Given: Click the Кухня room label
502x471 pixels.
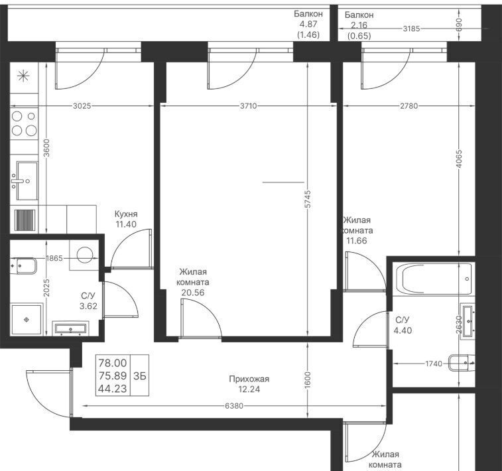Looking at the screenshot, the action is coord(126,214).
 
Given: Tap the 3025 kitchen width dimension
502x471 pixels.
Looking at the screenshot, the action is coord(82,105).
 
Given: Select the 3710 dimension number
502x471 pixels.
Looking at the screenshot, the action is coord(249,105).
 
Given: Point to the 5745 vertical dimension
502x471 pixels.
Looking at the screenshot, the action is coord(307,200).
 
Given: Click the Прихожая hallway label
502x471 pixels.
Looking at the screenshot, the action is coord(249,379).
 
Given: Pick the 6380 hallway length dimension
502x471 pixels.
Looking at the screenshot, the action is coord(234,406).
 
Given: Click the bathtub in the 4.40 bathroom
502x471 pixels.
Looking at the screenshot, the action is coord(434,279).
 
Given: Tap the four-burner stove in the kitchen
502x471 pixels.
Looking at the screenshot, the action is coord(24,123).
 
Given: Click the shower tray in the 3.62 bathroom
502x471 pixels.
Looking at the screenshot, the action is coord(27,320).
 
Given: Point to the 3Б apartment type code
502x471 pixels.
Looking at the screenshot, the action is coord(140,375).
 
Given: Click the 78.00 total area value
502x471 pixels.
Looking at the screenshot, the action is coord(113,363).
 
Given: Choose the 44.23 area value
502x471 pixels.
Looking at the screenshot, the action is coord(113,388).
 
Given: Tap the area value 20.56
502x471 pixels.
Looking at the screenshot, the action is coord(193,293).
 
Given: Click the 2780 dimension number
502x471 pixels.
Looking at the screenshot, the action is coord(409,105).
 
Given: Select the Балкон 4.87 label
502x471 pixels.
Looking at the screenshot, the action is coord(308,19).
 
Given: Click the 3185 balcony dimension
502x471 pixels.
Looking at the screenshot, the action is coord(411,29).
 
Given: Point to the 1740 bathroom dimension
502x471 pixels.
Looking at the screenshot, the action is coord(434,364).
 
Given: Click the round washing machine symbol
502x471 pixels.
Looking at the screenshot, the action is coord(85,255).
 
